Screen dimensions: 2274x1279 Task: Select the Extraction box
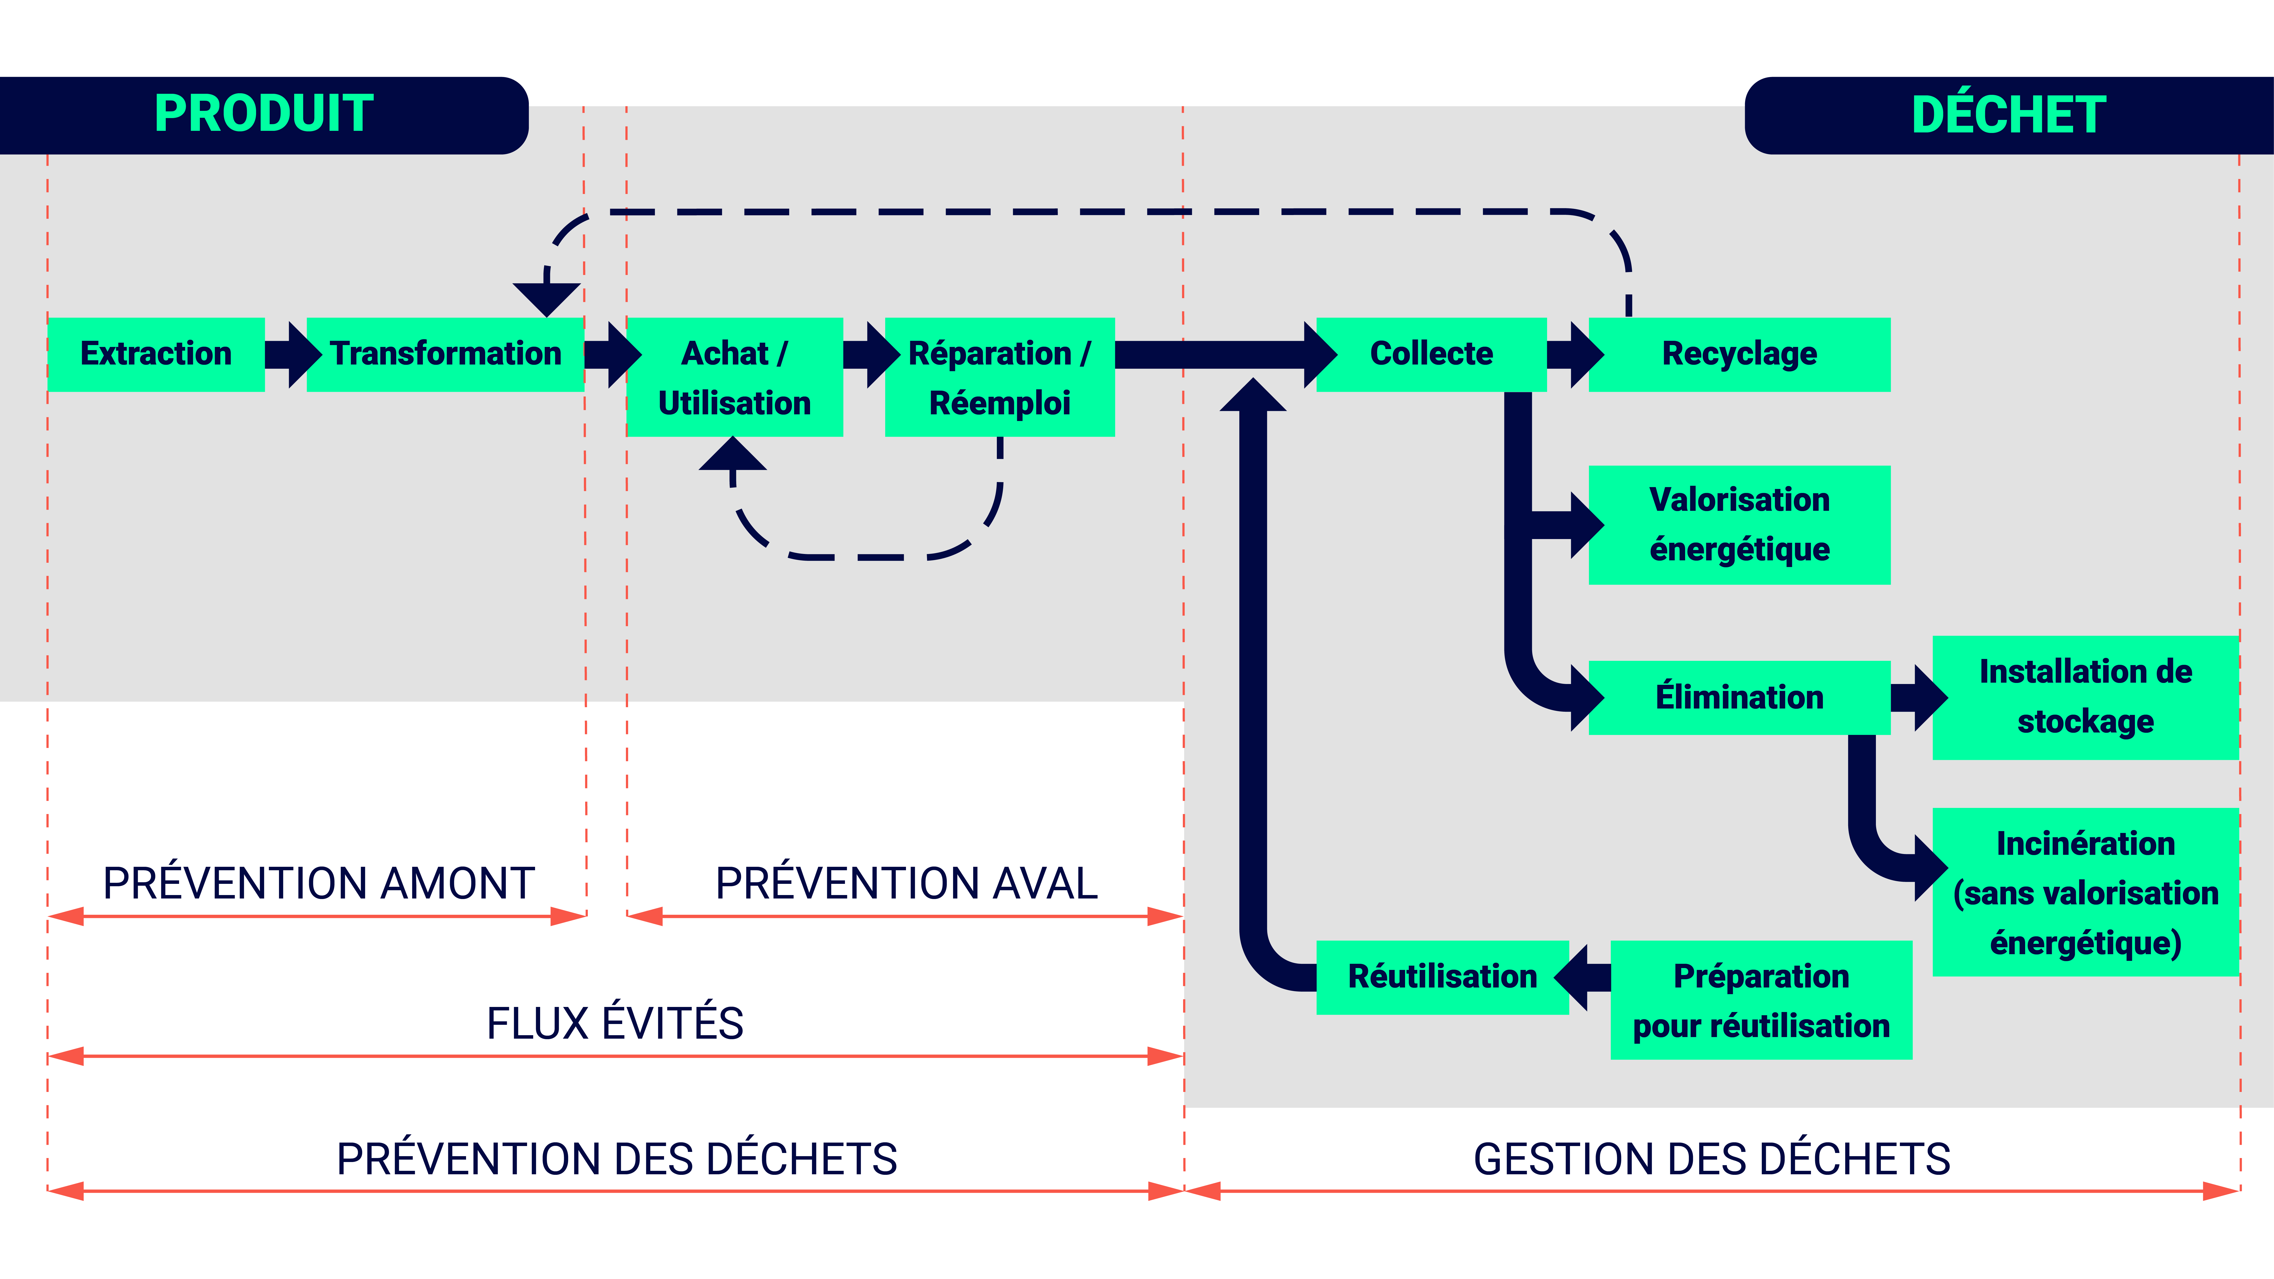tap(156, 354)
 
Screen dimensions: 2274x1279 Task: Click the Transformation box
tap(445, 354)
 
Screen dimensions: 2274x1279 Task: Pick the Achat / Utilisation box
tap(734, 377)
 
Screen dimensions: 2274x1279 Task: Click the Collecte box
tap(1431, 354)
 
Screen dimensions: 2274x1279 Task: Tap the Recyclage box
tap(1739, 354)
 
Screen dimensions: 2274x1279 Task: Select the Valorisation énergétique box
tap(1739, 524)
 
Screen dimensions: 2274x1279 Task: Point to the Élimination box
tap(1739, 697)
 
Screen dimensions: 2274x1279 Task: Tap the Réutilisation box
tap(1442, 977)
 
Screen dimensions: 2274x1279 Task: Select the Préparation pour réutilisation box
tap(1761, 1000)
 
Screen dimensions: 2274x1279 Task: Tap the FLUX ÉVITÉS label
tap(615, 1023)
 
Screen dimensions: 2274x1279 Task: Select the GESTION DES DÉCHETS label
tap(1712, 1159)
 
